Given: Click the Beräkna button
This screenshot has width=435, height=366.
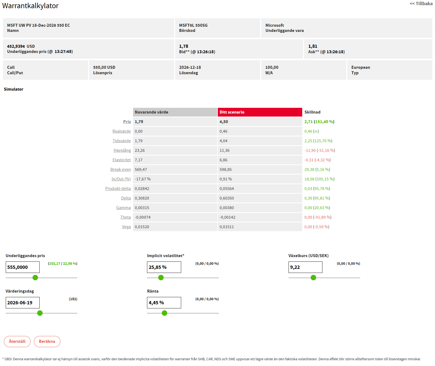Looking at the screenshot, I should pos(47,341).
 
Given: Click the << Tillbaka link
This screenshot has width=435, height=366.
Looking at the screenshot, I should pos(421,4).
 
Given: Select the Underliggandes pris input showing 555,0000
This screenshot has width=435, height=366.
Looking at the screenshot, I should pos(23,267).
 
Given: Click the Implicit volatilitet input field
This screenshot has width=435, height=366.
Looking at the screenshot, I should pos(164,267).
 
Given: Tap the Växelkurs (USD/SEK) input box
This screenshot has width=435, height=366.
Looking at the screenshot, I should pos(305,267).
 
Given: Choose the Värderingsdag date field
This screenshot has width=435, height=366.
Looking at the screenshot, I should pos(23,303).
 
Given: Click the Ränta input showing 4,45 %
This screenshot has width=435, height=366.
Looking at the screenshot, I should pos(164,303).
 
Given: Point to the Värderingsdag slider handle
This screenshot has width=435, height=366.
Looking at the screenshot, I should pos(40,313).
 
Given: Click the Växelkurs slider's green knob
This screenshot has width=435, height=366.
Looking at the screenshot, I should pos(313,278).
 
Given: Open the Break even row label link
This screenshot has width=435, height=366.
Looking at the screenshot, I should pos(120,169).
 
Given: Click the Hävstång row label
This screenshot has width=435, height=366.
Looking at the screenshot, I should pos(122,150).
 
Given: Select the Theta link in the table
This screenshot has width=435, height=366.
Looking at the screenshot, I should pos(125,217).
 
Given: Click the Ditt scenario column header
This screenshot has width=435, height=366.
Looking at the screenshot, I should pos(260,112).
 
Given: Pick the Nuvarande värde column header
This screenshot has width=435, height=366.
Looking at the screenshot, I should pos(175,112).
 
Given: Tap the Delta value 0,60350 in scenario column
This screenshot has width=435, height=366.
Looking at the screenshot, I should pos(227,198).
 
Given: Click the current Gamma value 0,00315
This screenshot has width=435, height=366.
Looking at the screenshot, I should pos(142,208).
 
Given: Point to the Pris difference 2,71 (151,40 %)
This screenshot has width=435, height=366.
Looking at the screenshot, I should pos(319,122).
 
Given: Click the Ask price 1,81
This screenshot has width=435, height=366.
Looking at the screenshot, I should pos(313,46).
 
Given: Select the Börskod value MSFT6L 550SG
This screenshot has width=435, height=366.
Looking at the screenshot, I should pos(193,25).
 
